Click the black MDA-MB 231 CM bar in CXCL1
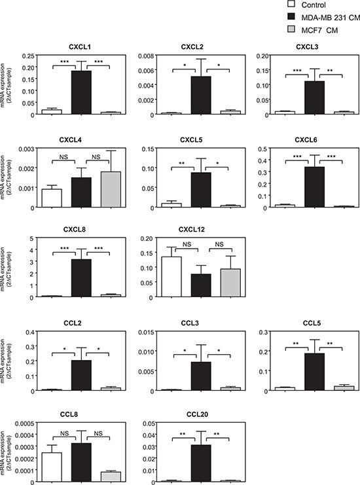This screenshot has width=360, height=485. point(81,92)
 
